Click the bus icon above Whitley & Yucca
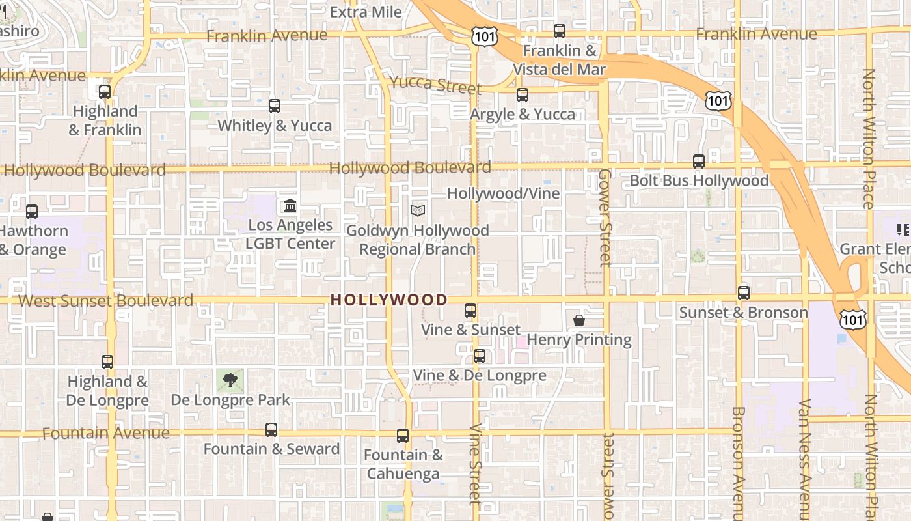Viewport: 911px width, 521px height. click(275, 106)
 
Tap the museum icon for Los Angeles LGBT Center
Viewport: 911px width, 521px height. click(290, 206)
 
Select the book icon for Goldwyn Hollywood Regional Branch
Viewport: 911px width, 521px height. click(418, 211)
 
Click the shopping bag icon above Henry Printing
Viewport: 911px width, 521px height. click(579, 320)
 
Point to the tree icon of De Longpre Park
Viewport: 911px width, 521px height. click(230, 380)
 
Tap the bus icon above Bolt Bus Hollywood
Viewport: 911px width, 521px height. click(699, 161)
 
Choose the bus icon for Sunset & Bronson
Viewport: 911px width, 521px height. click(744, 293)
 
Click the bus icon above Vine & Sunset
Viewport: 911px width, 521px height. click(470, 311)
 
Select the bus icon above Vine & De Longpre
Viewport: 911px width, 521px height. click(480, 356)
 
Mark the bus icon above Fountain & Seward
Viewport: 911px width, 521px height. click(271, 430)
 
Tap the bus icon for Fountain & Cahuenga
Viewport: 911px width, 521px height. click(403, 436)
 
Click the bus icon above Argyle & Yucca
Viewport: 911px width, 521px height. click(523, 95)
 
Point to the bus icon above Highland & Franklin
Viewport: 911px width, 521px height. click(105, 92)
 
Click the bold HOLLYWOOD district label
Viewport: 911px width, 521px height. click(389, 300)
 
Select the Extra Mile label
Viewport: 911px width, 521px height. click(366, 12)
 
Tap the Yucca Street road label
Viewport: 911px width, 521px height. click(435, 85)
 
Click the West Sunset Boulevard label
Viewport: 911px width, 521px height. click(106, 301)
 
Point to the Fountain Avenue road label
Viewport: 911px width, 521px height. click(106, 433)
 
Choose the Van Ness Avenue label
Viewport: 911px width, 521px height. click(805, 456)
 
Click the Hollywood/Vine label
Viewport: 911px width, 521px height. click(503, 193)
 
